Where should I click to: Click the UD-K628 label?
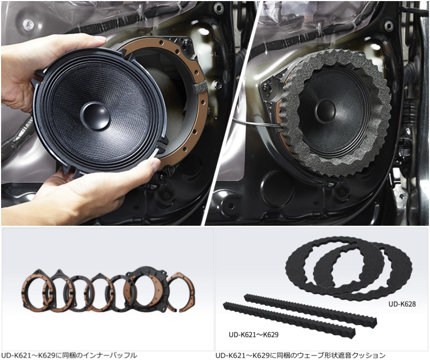[x=402, y=304]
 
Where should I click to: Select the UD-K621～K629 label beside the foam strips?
[x=254, y=334]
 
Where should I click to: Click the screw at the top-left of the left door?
[x=28, y=24]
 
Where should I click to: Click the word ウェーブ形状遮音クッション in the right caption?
[x=337, y=356]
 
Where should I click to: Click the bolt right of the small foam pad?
[x=218, y=85]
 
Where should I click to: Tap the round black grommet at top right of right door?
[x=389, y=26]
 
